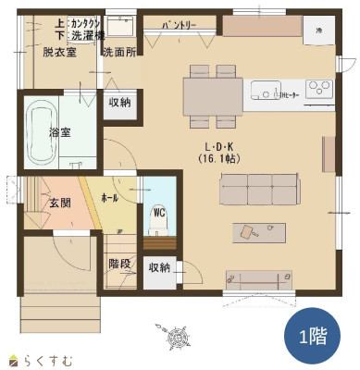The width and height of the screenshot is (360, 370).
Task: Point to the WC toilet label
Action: [x=158, y=211]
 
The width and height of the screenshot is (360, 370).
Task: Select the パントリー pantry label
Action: [x=178, y=26]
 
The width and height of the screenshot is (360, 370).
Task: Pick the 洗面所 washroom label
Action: [x=118, y=51]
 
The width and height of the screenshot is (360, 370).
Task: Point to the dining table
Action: [x=213, y=95]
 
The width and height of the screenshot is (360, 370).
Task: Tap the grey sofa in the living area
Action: [x=258, y=190]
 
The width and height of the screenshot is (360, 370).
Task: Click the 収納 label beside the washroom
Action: [x=118, y=103]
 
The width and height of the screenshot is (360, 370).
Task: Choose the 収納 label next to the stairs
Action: [x=159, y=268]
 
